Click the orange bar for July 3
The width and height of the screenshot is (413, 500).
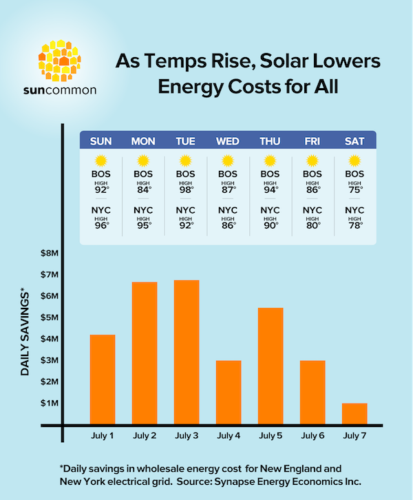(187, 352)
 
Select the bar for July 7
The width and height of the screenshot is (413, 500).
(354, 413)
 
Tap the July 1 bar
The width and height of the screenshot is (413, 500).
(103, 379)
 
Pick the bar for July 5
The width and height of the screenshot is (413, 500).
(271, 366)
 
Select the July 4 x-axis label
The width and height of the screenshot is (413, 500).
(229, 435)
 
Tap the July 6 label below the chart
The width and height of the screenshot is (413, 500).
(313, 435)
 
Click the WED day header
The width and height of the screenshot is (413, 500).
(228, 142)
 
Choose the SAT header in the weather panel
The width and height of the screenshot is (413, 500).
(354, 142)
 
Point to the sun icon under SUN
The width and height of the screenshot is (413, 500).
(101, 161)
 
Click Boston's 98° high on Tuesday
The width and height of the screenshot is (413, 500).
(186, 189)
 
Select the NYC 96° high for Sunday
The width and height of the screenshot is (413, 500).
(101, 225)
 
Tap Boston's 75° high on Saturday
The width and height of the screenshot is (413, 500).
(354, 189)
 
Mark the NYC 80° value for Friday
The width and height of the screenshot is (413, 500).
(313, 225)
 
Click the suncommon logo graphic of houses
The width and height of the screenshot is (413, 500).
(62, 59)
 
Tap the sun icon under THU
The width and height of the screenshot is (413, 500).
(270, 161)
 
